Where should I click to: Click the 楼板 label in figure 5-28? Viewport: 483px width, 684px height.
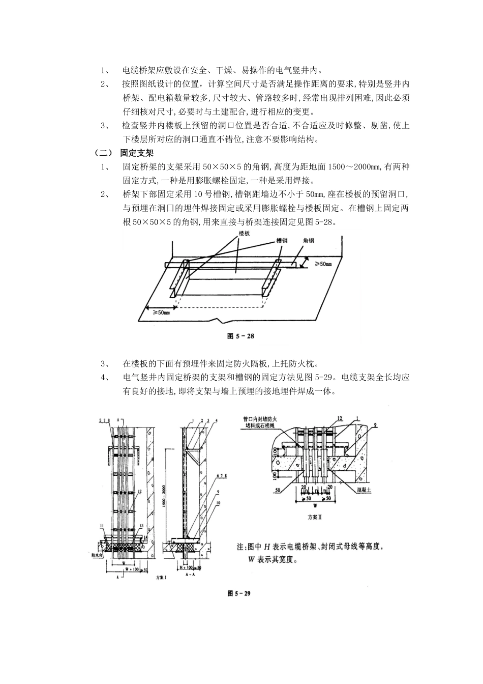245,234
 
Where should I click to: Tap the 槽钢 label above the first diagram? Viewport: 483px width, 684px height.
282,240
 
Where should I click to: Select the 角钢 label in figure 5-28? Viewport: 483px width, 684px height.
308,240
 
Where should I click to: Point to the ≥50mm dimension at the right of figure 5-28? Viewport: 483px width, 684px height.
322,264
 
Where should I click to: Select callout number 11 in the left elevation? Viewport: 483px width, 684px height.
102,525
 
